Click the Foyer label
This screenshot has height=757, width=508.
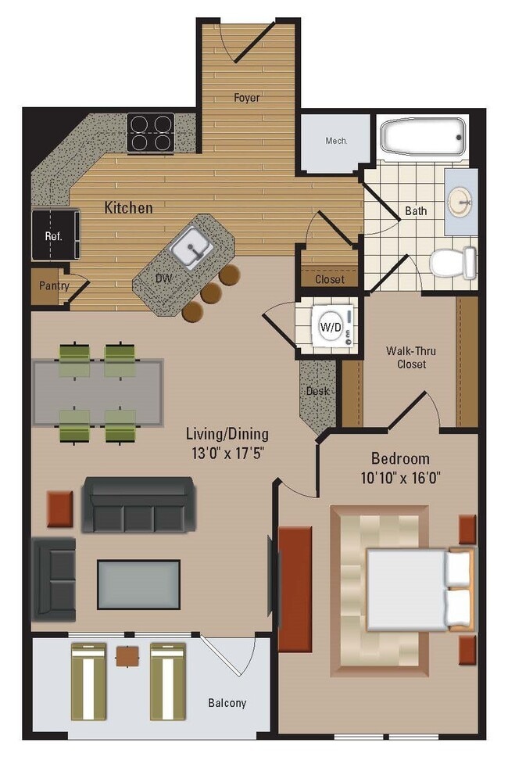pos(246,98)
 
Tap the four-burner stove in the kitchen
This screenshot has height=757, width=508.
pos(150,131)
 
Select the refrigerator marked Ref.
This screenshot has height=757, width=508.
pos(55,235)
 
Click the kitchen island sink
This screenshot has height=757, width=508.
pos(190,249)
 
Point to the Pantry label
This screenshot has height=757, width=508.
pos(54,285)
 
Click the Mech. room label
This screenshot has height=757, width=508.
pos(336,142)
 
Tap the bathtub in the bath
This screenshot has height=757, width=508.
pos(423,137)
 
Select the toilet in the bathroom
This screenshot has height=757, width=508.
pos(453,263)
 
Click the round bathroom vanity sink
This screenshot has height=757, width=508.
pos(460,202)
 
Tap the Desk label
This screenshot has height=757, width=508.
pos(316,391)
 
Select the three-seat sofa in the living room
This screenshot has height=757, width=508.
pos(138,506)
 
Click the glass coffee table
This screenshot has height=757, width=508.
pos(138,584)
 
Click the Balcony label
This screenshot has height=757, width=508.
pos(227,703)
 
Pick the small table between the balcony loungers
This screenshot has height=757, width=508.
pos(127,656)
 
